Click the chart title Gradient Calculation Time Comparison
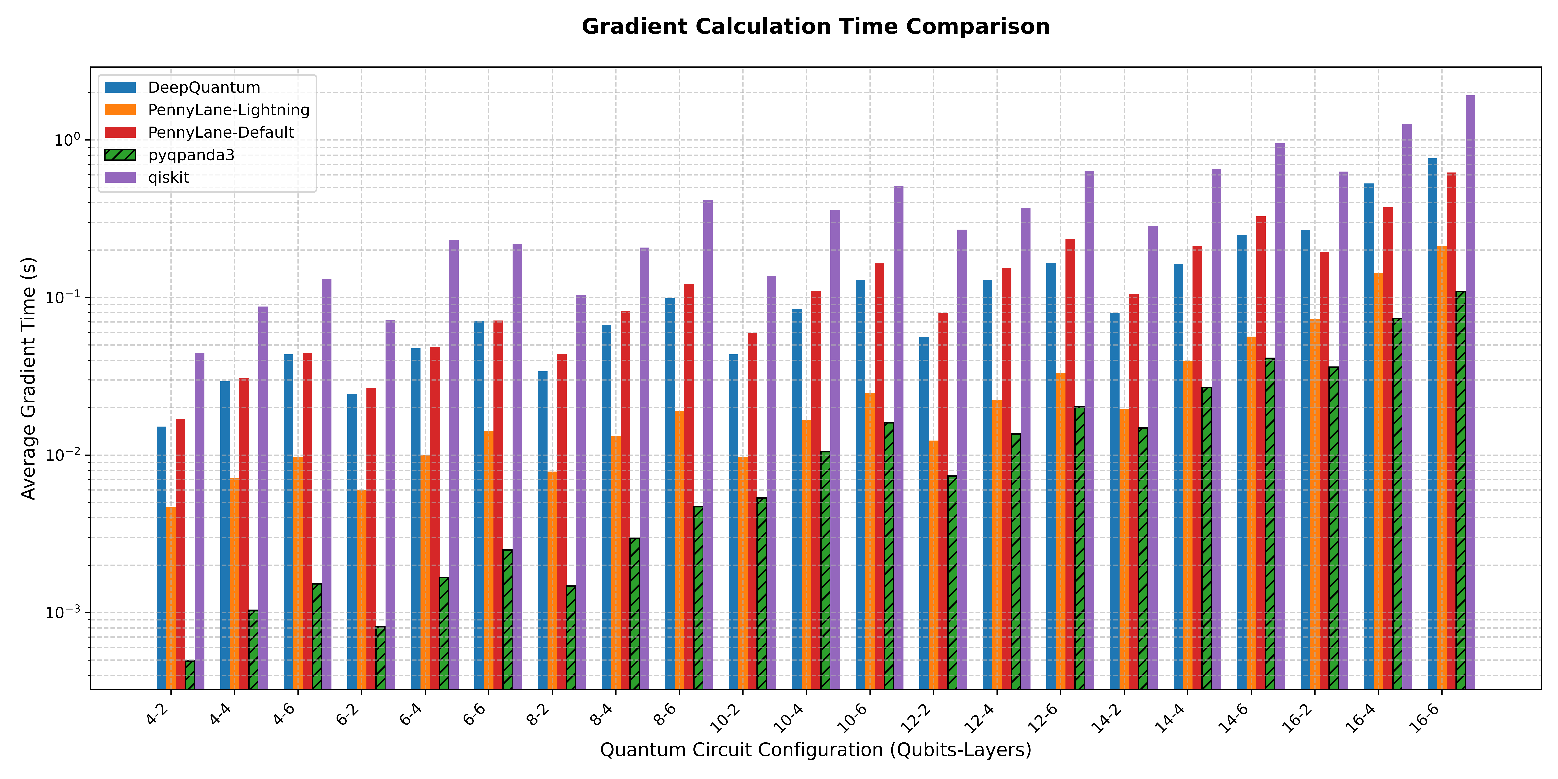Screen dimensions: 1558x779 (815, 27)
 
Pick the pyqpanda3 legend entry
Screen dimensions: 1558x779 (169, 155)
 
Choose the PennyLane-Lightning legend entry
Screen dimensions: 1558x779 (207, 110)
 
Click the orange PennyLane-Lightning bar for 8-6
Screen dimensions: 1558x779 (679, 550)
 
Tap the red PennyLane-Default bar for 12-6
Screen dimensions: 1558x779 (1070, 464)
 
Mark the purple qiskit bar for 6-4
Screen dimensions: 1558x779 (454, 465)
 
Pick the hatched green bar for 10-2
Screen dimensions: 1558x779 (762, 593)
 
